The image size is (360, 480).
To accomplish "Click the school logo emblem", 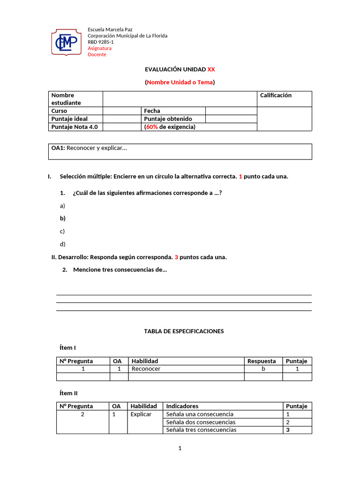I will (67, 42).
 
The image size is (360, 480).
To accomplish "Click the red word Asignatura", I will (99, 48).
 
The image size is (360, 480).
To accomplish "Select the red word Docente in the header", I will (97, 54).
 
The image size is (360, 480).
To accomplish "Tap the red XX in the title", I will (211, 69).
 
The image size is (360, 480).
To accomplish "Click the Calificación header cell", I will (276, 96).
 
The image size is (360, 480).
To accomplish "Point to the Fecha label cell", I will (152, 111).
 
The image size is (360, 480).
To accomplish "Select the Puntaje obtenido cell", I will (168, 119).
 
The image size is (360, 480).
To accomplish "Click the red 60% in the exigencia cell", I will (152, 127).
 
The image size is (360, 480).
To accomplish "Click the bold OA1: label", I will (58, 148).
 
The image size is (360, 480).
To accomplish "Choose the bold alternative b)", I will (62, 218).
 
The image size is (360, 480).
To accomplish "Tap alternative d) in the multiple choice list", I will (62, 244).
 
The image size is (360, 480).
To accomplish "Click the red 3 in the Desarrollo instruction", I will (176, 257).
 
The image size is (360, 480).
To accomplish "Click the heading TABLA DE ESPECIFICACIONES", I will (184, 331).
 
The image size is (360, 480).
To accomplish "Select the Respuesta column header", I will (262, 361).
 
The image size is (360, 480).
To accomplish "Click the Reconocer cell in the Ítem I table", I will (146, 369).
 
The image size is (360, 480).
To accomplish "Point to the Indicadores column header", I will (182, 406).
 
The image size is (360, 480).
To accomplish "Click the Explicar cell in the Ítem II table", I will (141, 414).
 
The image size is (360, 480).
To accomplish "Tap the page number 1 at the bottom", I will (180, 449).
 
